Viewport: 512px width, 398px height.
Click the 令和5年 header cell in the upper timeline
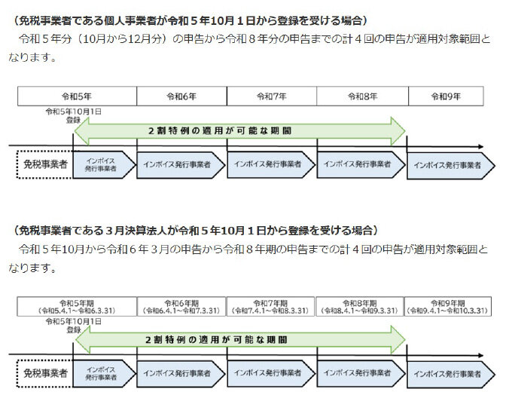coord(77,96)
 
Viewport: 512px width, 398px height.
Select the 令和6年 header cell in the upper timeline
coord(181,96)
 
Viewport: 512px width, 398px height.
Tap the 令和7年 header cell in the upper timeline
coord(272,96)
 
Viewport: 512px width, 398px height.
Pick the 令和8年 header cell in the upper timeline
coord(362,96)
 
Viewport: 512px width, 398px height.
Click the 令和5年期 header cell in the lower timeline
coord(77,306)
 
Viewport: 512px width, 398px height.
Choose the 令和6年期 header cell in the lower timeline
coord(181,306)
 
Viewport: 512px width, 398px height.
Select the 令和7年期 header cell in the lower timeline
coord(272,306)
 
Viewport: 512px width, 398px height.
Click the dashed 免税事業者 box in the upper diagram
coord(43,164)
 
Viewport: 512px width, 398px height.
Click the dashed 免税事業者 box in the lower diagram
coord(43,373)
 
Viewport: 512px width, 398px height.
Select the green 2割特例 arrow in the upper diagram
coord(239,130)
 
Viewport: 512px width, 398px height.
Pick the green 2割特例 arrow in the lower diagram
coord(239,339)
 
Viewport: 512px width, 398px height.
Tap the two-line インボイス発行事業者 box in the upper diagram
coord(103,164)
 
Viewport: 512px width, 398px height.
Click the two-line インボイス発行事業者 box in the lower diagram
coord(103,373)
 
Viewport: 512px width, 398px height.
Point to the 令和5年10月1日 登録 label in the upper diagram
coord(73,115)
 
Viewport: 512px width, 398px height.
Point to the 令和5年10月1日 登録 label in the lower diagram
coord(73,324)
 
